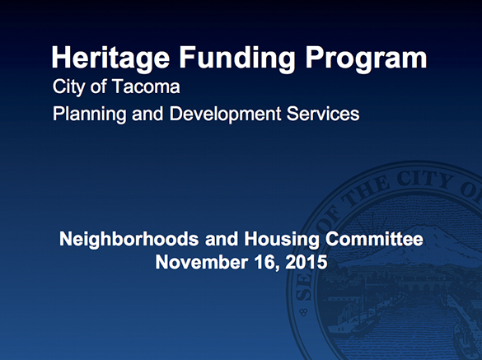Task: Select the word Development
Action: pyautogui.click(x=227, y=115)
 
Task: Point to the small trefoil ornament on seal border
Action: pyautogui.click(x=305, y=312)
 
